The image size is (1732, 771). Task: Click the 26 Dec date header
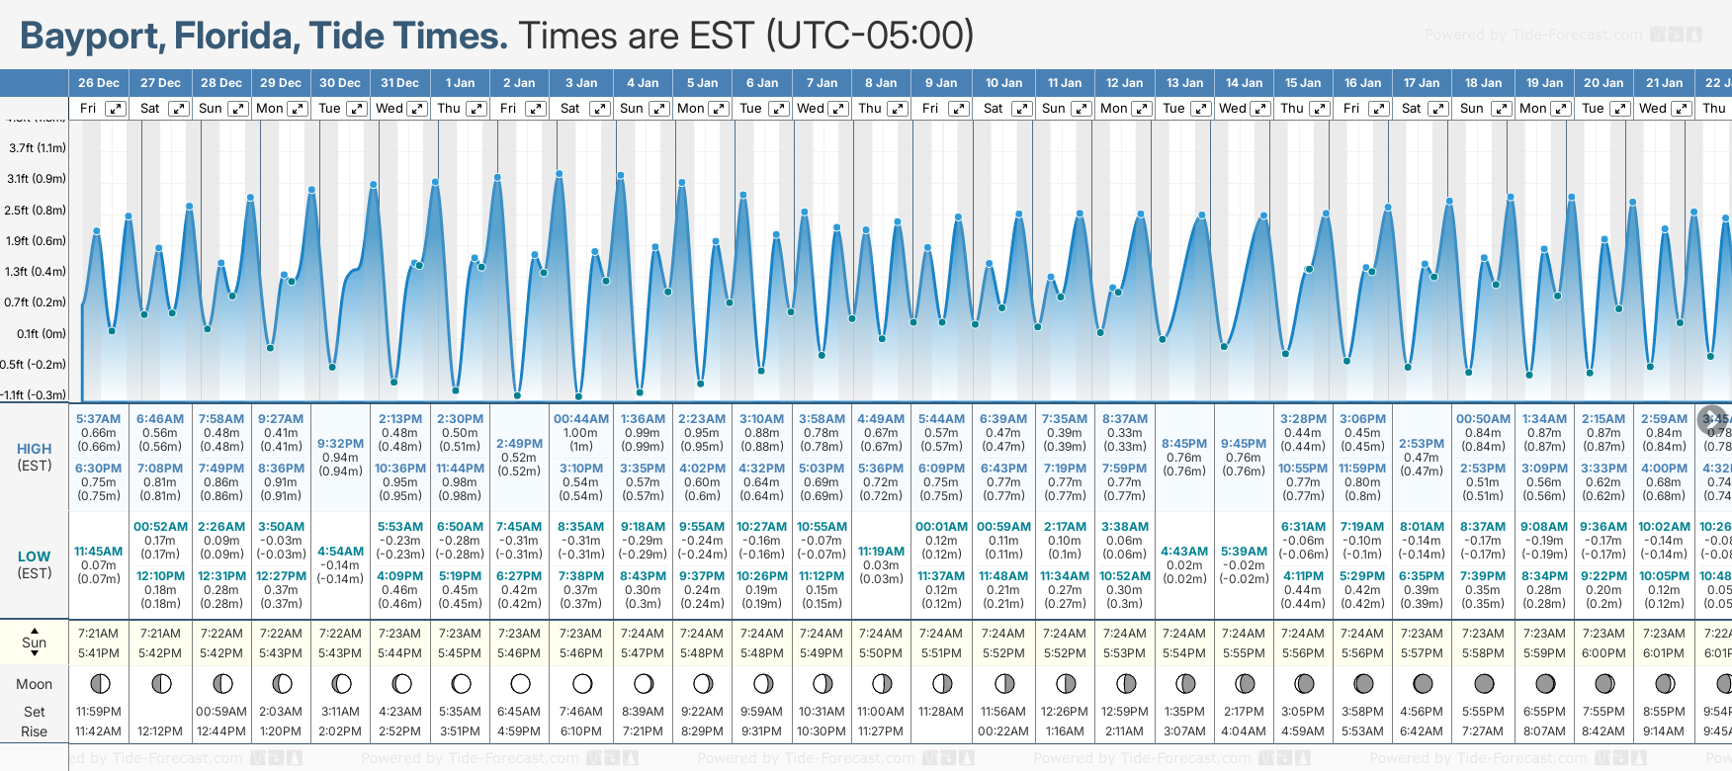pos(99,83)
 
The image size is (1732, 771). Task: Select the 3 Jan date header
pos(581,83)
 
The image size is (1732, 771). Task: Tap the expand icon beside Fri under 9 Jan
pos(958,109)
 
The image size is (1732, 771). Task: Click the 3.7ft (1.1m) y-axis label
pos(38,148)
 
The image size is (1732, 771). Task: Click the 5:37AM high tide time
pos(99,419)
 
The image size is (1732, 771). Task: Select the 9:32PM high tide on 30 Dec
pos(340,444)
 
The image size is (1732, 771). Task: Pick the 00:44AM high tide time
pos(581,419)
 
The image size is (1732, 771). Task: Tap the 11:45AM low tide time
pos(99,552)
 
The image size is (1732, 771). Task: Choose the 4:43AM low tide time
pos(1184,552)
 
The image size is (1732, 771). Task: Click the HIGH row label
pos(35,449)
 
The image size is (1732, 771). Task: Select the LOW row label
pos(35,557)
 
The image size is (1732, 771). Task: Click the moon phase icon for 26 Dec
pos(99,683)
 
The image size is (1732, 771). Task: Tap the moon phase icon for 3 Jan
pos(582,683)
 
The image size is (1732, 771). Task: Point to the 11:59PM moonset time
pos(99,712)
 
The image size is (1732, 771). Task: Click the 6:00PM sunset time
pos(1603,653)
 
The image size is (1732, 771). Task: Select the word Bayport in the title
pos(92,37)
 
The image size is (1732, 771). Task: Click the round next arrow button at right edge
pos(1712,420)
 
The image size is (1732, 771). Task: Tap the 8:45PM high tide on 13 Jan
pos(1184,444)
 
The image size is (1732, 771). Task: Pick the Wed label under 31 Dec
pos(390,109)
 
